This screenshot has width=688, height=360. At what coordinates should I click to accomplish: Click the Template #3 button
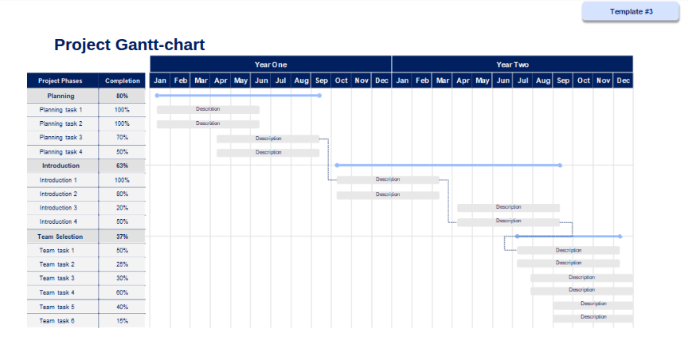pos(631,11)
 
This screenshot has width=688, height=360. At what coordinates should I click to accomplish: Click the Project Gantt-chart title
pos(130,45)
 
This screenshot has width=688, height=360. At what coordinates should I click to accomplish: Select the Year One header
pos(271,65)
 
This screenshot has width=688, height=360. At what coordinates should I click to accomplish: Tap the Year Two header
pos(513,65)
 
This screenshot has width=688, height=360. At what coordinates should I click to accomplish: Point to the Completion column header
pos(122,80)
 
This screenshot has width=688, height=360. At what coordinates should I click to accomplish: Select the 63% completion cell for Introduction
pos(122,166)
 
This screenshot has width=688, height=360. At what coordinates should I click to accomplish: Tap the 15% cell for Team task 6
pos(122,321)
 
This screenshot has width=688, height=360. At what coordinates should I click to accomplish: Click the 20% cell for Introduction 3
pos(122,208)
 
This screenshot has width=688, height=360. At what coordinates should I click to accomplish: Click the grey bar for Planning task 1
pos(208,110)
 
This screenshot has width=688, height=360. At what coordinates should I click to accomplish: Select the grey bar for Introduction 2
pos(388,195)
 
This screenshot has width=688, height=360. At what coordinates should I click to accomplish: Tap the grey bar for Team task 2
pos(569,264)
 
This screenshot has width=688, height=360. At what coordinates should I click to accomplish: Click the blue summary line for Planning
pos(238,96)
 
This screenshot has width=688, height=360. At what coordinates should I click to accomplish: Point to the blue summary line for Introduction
pos(448,166)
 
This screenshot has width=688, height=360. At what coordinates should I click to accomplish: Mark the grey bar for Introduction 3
pos(508,208)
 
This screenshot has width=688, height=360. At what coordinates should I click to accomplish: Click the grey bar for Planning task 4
pos(268,153)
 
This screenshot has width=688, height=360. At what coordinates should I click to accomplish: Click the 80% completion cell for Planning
pos(122,96)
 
